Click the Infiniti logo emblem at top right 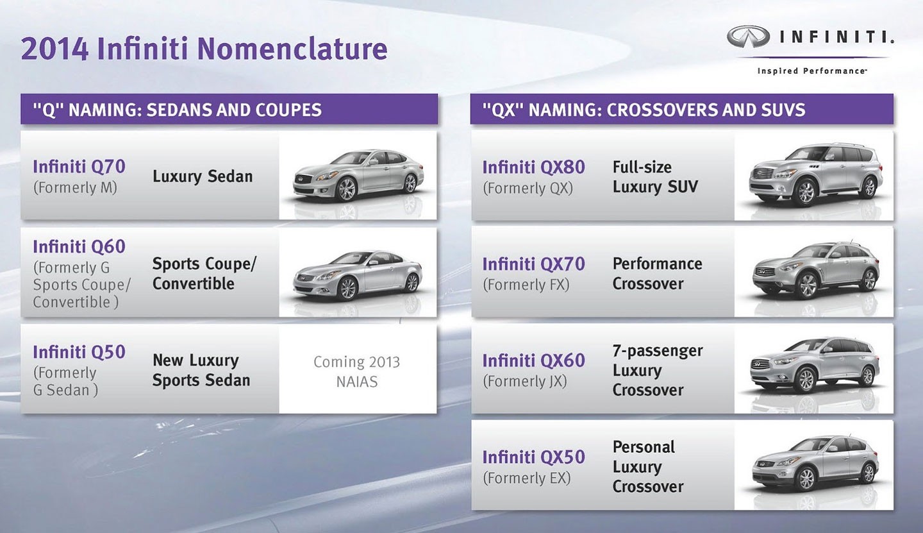click(x=748, y=37)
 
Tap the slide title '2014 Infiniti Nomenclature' click(x=204, y=49)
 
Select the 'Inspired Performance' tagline click(x=811, y=71)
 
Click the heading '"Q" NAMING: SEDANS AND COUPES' click(x=171, y=110)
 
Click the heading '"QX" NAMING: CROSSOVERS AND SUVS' click(x=638, y=110)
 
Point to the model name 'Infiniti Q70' click(x=79, y=167)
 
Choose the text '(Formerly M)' click(x=74, y=188)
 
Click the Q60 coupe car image click(x=357, y=275)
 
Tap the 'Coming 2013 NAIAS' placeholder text click(x=356, y=371)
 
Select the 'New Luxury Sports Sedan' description click(x=201, y=370)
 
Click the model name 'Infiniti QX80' click(x=533, y=167)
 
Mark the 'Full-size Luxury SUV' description click(x=654, y=177)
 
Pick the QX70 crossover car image click(x=815, y=270)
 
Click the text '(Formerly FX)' click(x=526, y=284)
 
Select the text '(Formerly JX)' click(x=524, y=381)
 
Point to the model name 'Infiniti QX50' click(x=533, y=457)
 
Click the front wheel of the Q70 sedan click(x=347, y=189)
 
